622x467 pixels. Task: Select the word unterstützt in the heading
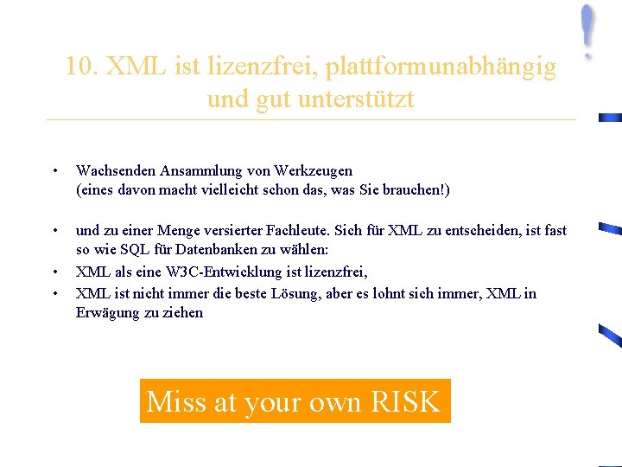click(355, 99)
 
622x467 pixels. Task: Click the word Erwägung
click(107, 313)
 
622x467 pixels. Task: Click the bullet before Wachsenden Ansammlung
click(54, 171)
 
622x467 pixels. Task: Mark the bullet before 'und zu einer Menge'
click(54, 231)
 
